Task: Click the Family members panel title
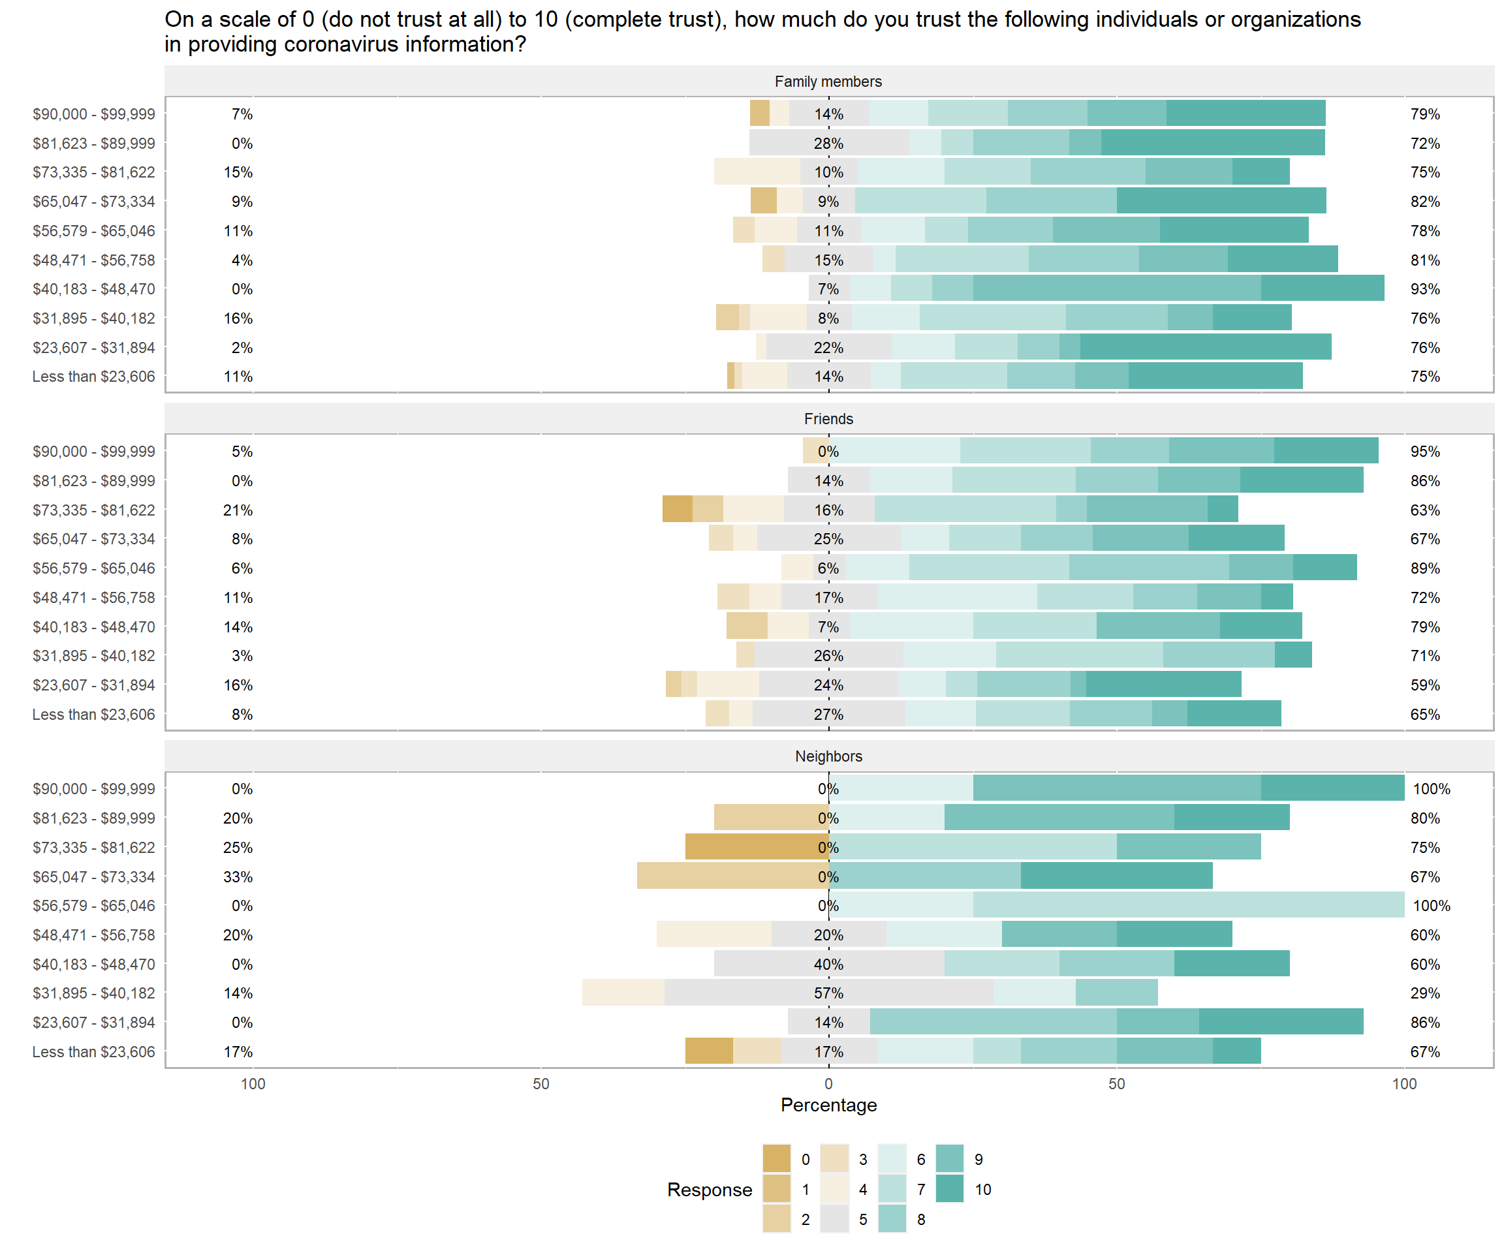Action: click(x=828, y=82)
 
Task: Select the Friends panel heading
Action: click(x=828, y=419)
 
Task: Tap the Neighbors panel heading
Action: click(x=828, y=756)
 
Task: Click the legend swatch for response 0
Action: click(x=776, y=1158)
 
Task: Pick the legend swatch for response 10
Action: click(x=950, y=1188)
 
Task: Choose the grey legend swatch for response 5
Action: click(x=834, y=1218)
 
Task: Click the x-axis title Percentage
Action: click(x=828, y=1105)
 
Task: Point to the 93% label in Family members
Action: click(x=1424, y=289)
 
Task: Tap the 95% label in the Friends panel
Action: click(x=1424, y=452)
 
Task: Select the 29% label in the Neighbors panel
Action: click(x=1424, y=993)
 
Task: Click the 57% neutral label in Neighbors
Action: click(x=828, y=993)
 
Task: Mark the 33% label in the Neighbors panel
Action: click(x=238, y=876)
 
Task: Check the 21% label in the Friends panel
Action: click(x=238, y=510)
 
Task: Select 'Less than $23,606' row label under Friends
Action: click(x=93, y=715)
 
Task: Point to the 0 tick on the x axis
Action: click(x=828, y=1084)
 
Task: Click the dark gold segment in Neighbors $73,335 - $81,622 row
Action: click(x=757, y=847)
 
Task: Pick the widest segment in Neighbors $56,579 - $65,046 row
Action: click(x=1188, y=905)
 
